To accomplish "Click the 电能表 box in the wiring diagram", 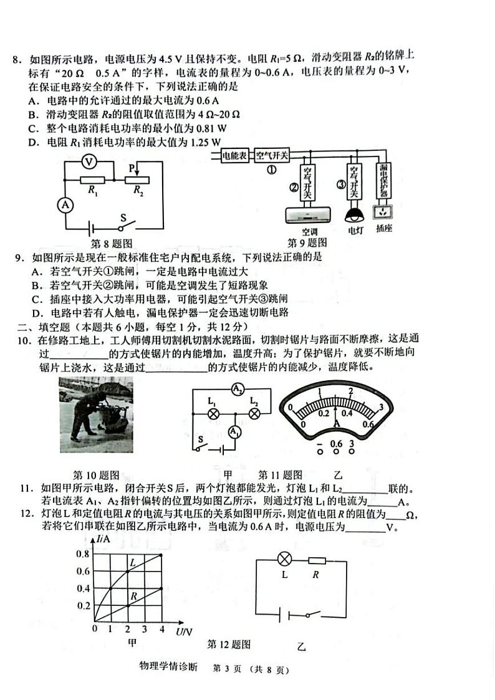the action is [236, 156].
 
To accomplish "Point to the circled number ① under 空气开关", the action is [271, 170].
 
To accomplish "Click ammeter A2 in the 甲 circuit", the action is [237, 390].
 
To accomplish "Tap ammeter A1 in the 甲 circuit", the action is [234, 432].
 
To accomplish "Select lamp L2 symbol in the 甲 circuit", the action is [254, 413].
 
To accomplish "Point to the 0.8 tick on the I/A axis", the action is [83, 554].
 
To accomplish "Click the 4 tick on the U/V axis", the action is [162, 629].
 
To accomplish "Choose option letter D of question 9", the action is [36, 313].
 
